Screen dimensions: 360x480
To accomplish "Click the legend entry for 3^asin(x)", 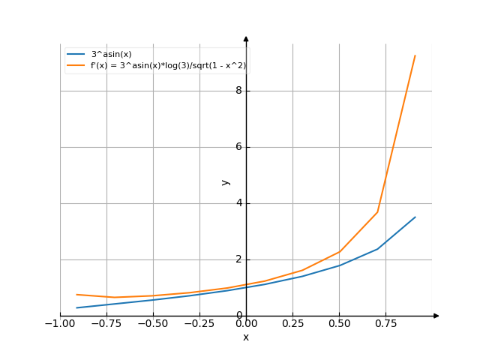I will (x=109, y=54).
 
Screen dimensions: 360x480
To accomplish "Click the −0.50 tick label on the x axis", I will (x=151, y=324).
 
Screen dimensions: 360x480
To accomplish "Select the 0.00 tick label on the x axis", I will (x=246, y=324).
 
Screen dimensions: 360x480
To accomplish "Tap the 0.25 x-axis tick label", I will (x=292, y=324).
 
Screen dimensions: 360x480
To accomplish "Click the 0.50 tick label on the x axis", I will (x=339, y=324).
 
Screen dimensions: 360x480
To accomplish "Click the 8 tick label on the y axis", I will (x=238, y=91).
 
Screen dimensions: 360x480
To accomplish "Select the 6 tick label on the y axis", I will (x=238, y=147).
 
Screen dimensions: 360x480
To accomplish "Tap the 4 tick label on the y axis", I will (x=238, y=203).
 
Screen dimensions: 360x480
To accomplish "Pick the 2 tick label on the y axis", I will (x=238, y=259).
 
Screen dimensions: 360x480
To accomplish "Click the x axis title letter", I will (x=246, y=337).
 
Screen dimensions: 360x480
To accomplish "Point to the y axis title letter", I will (x=225, y=181).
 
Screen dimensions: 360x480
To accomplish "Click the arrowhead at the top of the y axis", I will (x=246, y=38).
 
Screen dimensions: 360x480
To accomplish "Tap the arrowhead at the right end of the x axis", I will (x=436, y=316).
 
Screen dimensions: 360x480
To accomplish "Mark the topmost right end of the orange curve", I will (x=415, y=55).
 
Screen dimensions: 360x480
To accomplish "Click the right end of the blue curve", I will (x=415, y=217).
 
